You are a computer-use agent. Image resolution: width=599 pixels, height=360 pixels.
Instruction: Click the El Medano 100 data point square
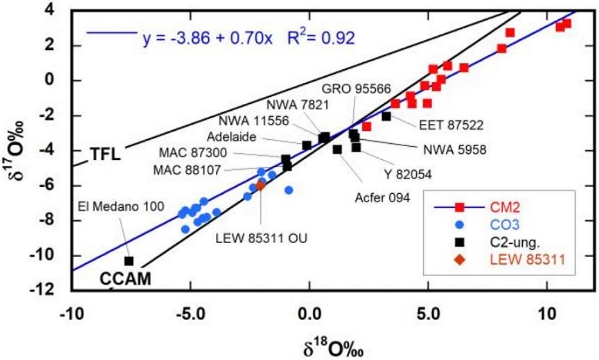(x=128, y=262)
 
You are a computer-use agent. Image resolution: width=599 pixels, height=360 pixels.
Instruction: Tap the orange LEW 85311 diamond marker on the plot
(x=261, y=185)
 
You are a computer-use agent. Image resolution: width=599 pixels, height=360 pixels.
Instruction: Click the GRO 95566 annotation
(x=356, y=89)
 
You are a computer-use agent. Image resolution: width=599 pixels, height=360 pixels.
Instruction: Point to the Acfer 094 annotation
(x=382, y=197)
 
